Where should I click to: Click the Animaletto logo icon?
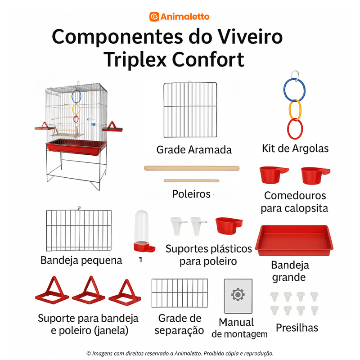click(154, 17)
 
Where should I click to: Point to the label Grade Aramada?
click(194, 150)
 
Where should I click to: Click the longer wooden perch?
click(192, 168)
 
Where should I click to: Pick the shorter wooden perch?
click(191, 181)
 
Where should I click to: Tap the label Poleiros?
click(191, 194)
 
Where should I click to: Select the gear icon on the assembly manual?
click(238, 295)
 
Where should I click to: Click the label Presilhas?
click(297, 327)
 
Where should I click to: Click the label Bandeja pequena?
click(81, 261)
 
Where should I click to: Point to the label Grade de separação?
click(179, 324)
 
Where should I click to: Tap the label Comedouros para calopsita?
click(295, 202)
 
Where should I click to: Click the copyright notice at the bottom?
click(180, 353)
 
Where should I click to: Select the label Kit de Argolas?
click(295, 148)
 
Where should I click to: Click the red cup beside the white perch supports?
click(229, 226)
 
